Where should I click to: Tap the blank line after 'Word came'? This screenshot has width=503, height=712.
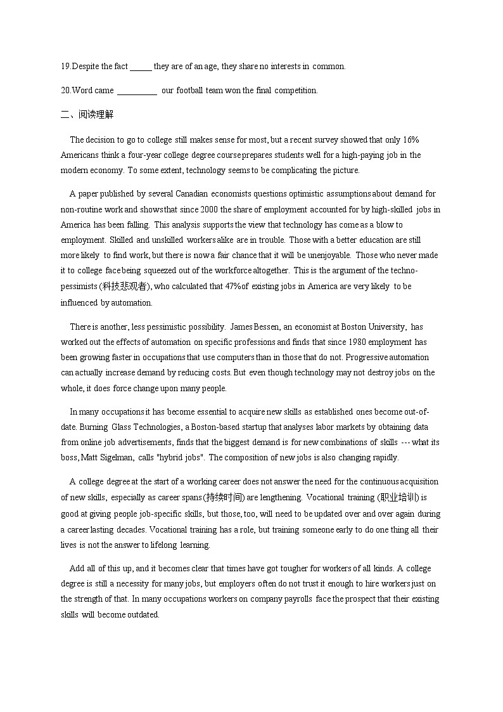[137, 91]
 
